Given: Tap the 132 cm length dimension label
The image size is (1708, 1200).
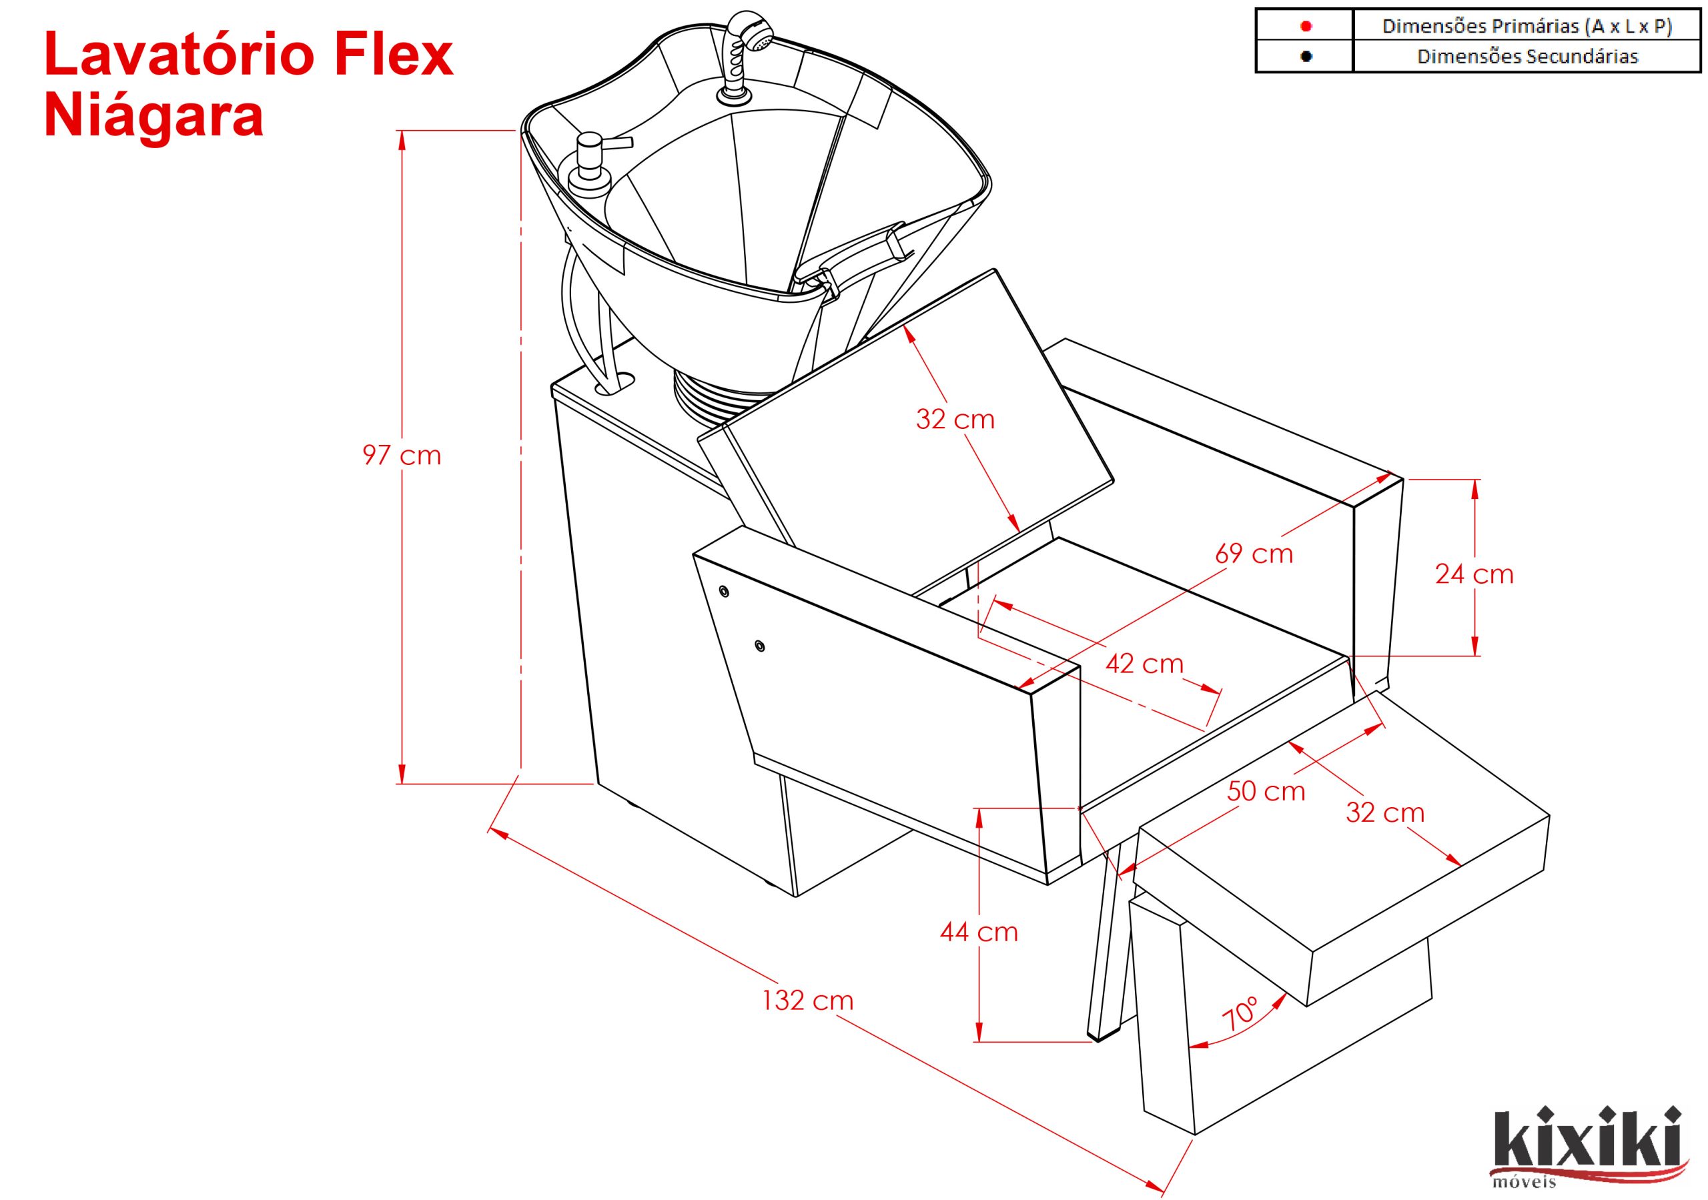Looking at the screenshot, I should coord(808,1000).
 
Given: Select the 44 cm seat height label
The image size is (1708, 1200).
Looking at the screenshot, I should coord(978,931).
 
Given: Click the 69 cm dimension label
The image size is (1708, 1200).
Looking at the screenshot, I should coord(1254,554).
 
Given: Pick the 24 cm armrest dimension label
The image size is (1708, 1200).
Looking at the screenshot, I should coord(1474,574).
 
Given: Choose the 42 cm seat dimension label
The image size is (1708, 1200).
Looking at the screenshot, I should coord(1144,663).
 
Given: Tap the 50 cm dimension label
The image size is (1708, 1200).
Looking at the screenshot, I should coord(1266,791).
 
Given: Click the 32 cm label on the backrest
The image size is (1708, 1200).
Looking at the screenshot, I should coord(955,420).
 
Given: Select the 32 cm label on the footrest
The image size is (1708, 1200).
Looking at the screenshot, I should coord(1384,812).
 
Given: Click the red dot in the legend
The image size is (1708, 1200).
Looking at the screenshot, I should coord(1306,26).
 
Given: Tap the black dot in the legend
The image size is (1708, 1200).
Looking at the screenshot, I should coord(1306,56).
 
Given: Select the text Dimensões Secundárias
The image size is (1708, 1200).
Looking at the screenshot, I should coord(1527,57).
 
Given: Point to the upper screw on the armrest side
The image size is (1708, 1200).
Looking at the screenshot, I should coord(723,592).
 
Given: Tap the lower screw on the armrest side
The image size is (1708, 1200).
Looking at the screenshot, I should coord(759,645).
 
